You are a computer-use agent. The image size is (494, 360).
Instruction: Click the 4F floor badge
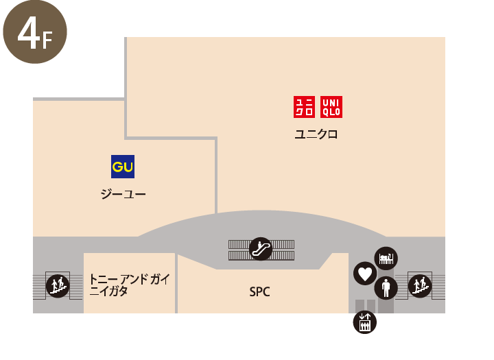point(35,32)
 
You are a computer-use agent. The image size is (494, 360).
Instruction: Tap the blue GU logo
point(123,167)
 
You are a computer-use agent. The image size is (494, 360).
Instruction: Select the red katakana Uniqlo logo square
point(305,107)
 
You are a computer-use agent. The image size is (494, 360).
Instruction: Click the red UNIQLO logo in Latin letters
point(331,107)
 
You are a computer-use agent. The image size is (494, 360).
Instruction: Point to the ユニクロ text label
point(316,134)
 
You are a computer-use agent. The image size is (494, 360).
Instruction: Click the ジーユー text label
point(123,193)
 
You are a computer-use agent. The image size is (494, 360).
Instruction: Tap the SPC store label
point(259,292)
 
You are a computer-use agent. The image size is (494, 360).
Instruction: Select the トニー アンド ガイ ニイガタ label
point(130,285)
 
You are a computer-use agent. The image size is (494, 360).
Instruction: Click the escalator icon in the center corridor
point(261,249)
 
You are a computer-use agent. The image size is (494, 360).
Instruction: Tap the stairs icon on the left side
point(58,286)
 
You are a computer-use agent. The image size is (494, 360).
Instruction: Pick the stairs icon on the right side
point(420,286)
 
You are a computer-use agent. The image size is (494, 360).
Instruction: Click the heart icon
point(365,274)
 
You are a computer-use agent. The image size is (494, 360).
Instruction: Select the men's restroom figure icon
point(386,288)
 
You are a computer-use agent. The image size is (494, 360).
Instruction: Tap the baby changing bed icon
point(386,259)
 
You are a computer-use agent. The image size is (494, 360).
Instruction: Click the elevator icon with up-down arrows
point(365,322)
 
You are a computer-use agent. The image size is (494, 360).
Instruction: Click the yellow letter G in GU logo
point(117,167)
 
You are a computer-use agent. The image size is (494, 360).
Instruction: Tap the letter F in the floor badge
point(47,41)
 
